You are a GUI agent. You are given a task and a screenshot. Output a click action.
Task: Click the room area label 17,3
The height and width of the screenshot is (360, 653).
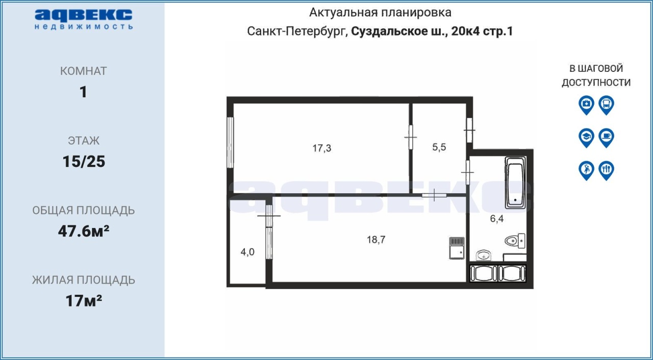[x=322, y=148]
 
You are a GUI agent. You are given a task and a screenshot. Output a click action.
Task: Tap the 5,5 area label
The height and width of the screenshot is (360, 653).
[x=439, y=147]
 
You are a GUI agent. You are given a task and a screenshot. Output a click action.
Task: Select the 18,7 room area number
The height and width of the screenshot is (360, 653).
[x=376, y=240]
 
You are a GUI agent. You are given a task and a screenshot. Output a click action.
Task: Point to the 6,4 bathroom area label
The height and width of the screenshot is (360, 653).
[x=497, y=218]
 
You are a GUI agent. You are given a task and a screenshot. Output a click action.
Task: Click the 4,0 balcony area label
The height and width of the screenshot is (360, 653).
[x=247, y=252]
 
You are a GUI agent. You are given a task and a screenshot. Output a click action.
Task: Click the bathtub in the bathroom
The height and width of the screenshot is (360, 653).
[x=515, y=183]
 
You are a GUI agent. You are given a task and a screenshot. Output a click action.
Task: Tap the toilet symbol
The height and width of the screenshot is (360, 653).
[x=515, y=241]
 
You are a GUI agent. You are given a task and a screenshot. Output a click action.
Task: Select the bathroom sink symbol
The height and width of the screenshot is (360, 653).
[x=484, y=255]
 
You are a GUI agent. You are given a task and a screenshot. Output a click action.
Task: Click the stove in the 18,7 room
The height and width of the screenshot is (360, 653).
[x=457, y=248]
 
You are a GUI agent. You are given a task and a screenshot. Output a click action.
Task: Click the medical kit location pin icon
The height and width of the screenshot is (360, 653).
[x=586, y=105]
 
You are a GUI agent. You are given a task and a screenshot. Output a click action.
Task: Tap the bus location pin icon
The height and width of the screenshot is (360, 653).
[x=607, y=105]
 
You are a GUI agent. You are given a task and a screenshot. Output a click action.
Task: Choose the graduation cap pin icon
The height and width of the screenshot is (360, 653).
[x=586, y=138]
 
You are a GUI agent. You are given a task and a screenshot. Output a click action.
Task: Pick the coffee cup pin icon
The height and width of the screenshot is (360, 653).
[x=607, y=138]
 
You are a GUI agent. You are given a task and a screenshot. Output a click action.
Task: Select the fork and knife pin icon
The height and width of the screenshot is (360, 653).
[x=607, y=171]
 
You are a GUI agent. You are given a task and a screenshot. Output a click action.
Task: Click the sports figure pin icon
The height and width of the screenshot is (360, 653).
[x=586, y=171]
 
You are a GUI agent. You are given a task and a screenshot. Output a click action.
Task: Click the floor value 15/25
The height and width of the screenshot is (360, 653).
[x=84, y=162]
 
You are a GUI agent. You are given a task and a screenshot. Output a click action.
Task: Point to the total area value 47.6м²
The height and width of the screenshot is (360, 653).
[x=84, y=231]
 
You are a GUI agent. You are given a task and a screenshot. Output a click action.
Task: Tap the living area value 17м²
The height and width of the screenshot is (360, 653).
[x=84, y=301]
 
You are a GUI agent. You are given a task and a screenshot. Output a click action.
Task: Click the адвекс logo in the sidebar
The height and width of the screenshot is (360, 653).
[x=84, y=19]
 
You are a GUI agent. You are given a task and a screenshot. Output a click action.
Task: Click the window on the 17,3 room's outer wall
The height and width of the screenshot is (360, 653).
[x=230, y=142]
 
